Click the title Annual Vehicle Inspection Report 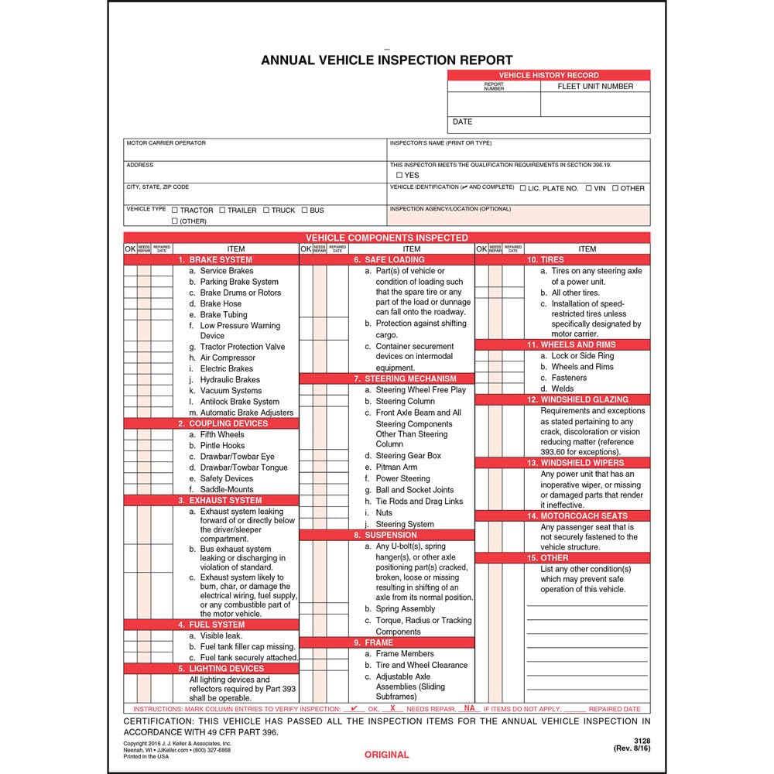click(x=386, y=60)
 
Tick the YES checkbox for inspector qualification click(x=399, y=176)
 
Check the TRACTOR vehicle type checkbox click(x=175, y=211)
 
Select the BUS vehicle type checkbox click(x=305, y=211)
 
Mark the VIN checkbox click(x=589, y=188)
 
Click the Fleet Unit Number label click(x=595, y=87)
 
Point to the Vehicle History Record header click(x=549, y=75)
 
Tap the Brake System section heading click(x=214, y=260)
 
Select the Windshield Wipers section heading click(x=577, y=463)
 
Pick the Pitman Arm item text click(x=396, y=467)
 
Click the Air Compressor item click(x=227, y=358)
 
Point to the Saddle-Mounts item click(x=226, y=489)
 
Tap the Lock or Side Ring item click(x=581, y=356)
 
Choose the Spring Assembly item click(x=406, y=609)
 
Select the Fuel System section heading click(x=211, y=624)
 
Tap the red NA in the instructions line click(x=469, y=708)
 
